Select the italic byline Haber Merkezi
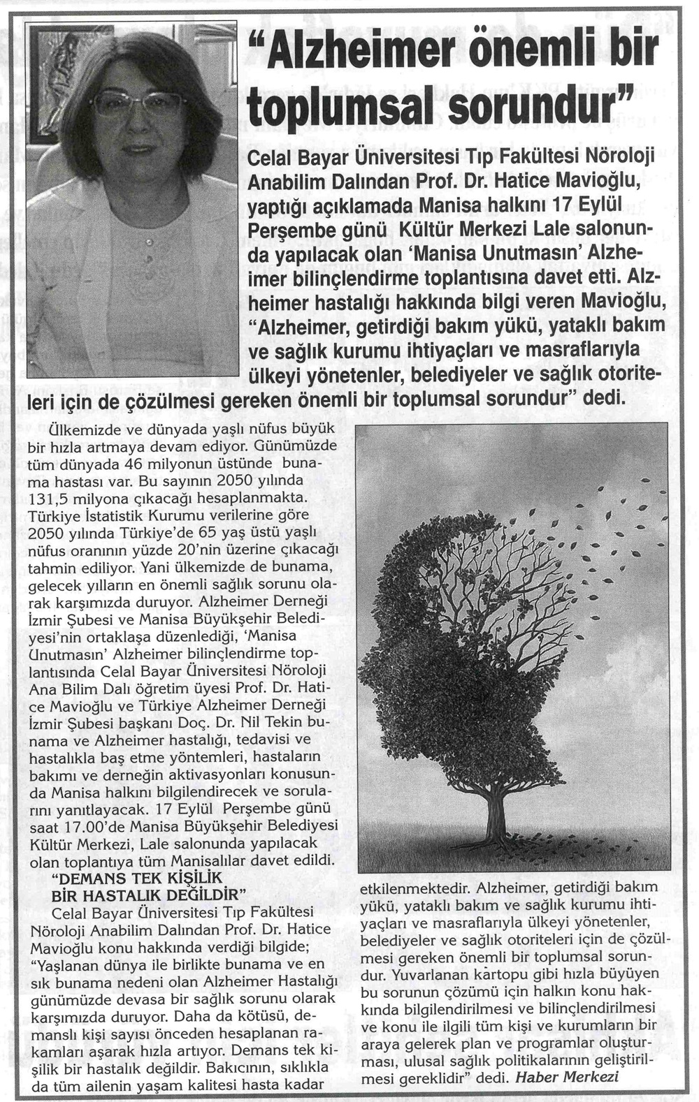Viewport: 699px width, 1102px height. click(567, 1076)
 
